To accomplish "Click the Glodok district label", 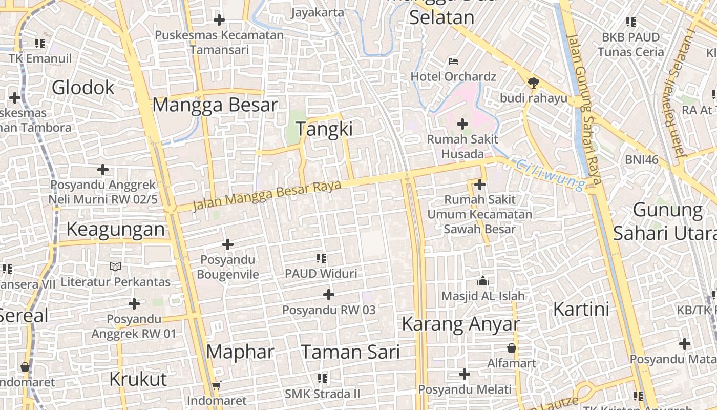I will [83, 88].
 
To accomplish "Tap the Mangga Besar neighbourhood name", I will [215, 105].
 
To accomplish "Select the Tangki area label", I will [324, 129].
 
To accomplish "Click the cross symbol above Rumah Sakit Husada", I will [462, 124].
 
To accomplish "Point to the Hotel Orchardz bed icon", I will [453, 61].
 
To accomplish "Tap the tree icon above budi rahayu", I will [533, 82].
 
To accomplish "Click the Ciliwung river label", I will [551, 174].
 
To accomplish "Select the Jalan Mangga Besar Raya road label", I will [266, 195].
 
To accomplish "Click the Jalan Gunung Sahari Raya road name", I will [585, 110].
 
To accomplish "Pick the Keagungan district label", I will [116, 229].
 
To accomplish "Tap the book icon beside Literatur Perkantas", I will [116, 266].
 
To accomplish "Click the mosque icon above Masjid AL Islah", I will [482, 281].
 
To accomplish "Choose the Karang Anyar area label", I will [460, 324].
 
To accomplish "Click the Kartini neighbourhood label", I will [581, 310].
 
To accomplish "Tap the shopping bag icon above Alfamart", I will [511, 348].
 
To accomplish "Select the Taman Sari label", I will [350, 352].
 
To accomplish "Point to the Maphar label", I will [240, 352].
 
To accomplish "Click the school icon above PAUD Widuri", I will [321, 258].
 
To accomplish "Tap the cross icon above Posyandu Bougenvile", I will [228, 244].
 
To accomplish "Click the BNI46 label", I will [641, 159].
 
